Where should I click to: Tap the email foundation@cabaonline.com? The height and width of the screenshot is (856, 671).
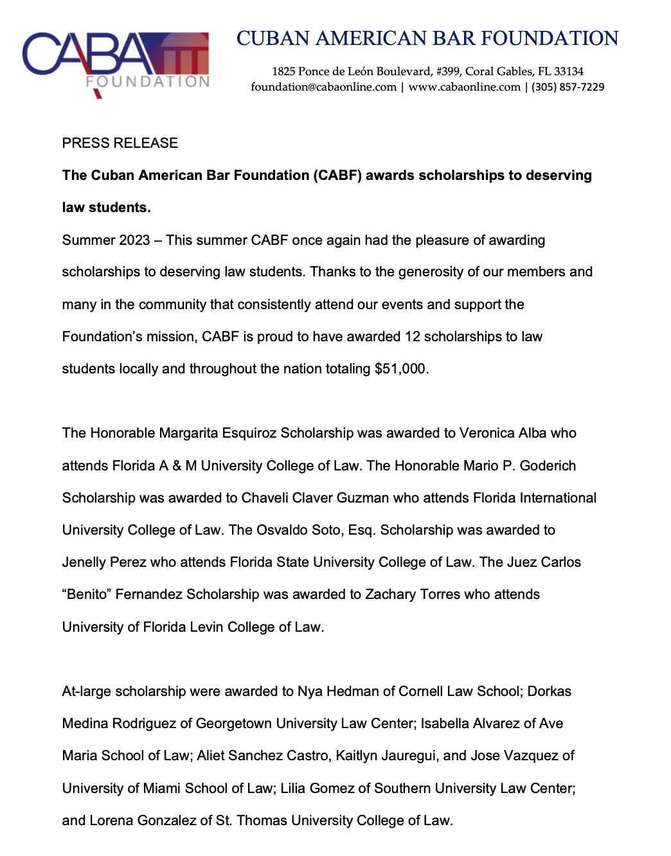(x=323, y=87)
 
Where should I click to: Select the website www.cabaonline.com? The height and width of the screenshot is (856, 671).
(x=464, y=87)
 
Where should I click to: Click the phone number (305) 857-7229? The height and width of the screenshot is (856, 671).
(x=568, y=87)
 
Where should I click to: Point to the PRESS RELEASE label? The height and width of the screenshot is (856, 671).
(x=120, y=143)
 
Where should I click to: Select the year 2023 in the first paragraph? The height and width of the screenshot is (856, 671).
(x=134, y=240)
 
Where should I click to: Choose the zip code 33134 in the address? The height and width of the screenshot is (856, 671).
(x=568, y=71)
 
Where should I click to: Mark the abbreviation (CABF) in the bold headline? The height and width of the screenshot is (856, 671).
(x=337, y=175)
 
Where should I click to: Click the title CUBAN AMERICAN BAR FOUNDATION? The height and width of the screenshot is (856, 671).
(x=427, y=39)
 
